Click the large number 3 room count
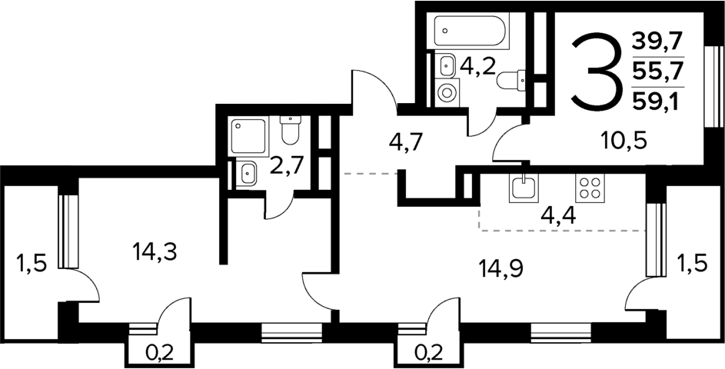point(594,71)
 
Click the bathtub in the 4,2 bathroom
point(469,32)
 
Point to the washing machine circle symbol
point(447,91)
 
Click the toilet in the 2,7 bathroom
point(290,131)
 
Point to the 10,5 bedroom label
point(624,141)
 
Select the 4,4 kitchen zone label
point(559,214)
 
